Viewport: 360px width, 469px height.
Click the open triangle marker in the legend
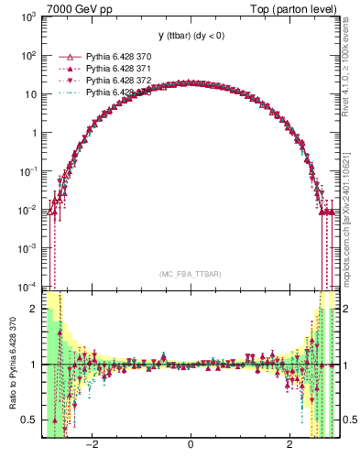(x=63, y=56)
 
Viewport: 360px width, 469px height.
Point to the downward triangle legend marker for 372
(x=63, y=80)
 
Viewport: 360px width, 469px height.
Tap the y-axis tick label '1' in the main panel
(x=36, y=133)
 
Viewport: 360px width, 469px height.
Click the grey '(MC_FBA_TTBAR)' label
(x=190, y=274)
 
